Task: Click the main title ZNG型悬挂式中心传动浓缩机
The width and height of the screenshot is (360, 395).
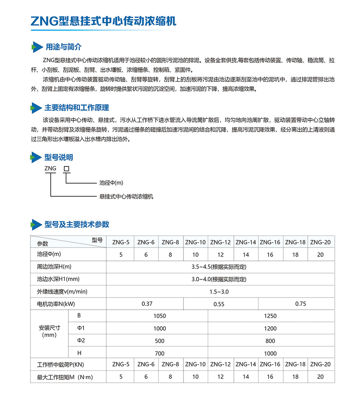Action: point(103,21)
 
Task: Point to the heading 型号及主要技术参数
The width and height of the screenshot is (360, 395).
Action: point(77,224)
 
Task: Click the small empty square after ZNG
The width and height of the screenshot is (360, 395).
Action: point(66,168)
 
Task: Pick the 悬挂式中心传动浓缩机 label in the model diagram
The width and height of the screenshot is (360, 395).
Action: point(126,197)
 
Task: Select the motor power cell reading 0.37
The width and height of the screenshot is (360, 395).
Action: point(147,304)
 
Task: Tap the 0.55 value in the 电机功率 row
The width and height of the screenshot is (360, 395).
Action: point(219,304)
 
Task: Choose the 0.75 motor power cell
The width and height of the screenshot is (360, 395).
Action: point(301,304)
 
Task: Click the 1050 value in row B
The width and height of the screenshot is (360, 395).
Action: point(159,316)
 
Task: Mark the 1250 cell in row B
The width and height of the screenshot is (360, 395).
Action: point(270,316)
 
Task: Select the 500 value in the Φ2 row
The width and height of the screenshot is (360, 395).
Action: point(159,341)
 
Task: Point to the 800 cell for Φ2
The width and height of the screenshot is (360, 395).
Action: point(270,341)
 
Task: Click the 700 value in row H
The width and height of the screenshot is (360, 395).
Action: point(159,353)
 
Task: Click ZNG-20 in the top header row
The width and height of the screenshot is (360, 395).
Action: point(320,242)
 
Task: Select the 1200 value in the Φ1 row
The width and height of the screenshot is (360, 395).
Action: point(270,328)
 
